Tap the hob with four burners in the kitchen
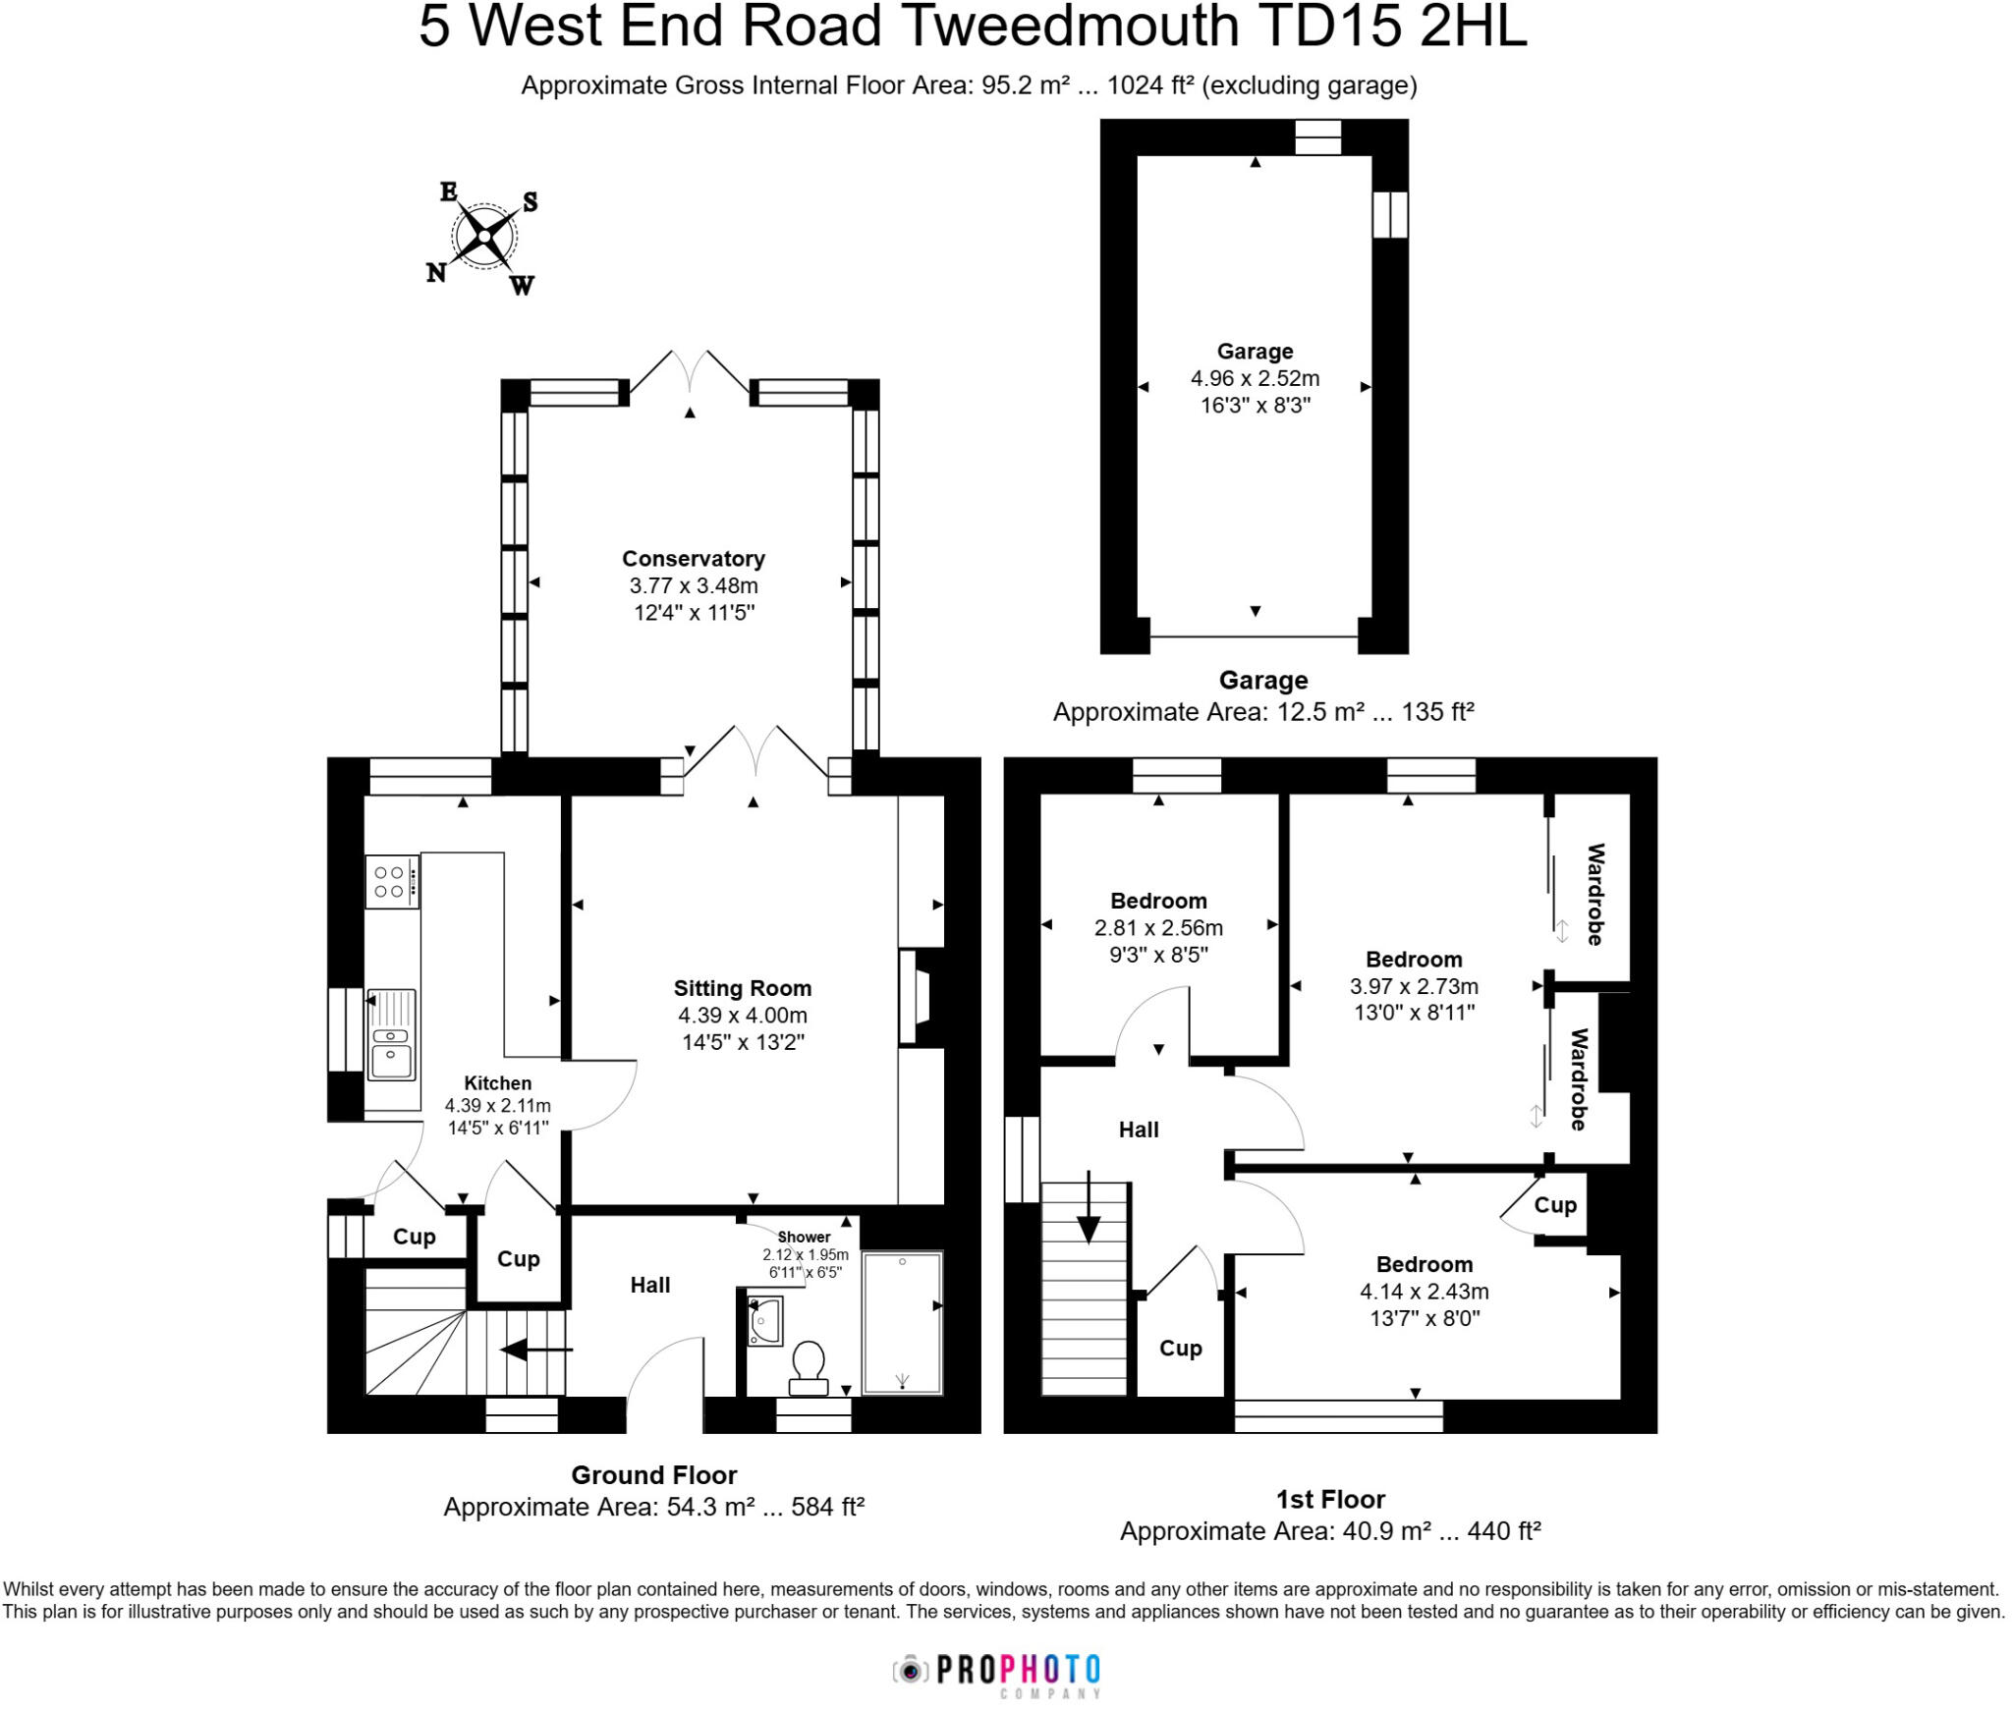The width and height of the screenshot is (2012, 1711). [390, 881]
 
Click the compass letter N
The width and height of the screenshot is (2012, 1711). [435, 273]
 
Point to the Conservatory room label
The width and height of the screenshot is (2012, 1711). [693, 559]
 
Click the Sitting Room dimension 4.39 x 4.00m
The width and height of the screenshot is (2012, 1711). [742, 1016]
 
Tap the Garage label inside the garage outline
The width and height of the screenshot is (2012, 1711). [1255, 352]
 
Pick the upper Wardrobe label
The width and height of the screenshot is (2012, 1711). [1595, 894]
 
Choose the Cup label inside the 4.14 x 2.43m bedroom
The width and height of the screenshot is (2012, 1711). [1555, 1205]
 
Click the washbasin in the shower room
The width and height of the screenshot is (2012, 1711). [764, 1321]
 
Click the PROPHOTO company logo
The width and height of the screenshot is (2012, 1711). [998, 1670]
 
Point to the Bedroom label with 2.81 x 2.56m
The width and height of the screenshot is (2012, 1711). [1158, 901]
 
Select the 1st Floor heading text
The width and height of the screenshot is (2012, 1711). [1329, 1500]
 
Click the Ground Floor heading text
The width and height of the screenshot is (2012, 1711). [653, 1475]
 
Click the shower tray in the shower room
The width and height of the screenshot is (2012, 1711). [902, 1322]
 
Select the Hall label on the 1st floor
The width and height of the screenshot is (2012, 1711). [1139, 1130]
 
